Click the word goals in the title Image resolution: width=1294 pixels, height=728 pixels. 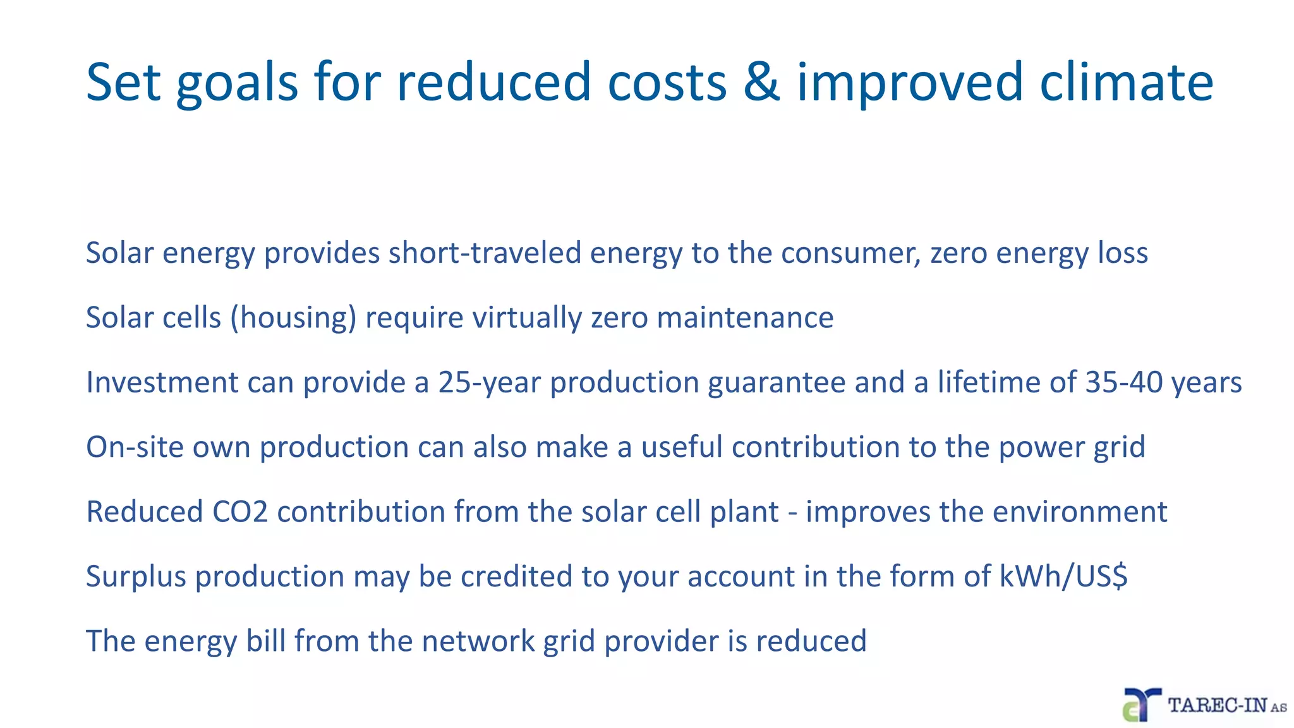click(237, 83)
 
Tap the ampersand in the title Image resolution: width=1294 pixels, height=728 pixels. click(761, 83)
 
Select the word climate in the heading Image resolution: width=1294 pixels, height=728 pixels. click(1126, 83)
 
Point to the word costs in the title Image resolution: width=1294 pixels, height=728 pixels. click(667, 83)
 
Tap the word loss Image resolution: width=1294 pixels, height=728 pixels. click(1123, 253)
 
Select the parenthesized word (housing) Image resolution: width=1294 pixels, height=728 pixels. click(293, 318)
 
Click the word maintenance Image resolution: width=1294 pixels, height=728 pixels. click(745, 318)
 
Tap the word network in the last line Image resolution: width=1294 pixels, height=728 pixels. click(478, 641)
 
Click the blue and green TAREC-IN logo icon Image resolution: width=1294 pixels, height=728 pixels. click(1141, 705)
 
